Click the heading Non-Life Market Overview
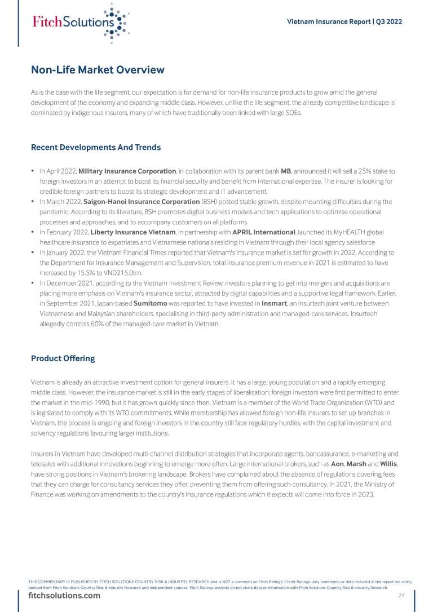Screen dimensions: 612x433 coord(98,70)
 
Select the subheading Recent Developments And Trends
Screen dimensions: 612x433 coord(96,148)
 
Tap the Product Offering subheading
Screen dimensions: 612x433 coord(63,358)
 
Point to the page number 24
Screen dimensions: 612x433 coord(401,596)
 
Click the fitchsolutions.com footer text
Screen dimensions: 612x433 coord(64,596)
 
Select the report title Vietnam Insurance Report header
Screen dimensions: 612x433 coord(344,22)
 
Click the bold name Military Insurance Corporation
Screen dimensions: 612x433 coord(127,171)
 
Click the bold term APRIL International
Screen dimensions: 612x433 coord(264,232)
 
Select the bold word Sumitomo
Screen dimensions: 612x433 coord(149,304)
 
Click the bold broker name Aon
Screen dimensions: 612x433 coord(337,464)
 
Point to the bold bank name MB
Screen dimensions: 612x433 coord(285,171)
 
